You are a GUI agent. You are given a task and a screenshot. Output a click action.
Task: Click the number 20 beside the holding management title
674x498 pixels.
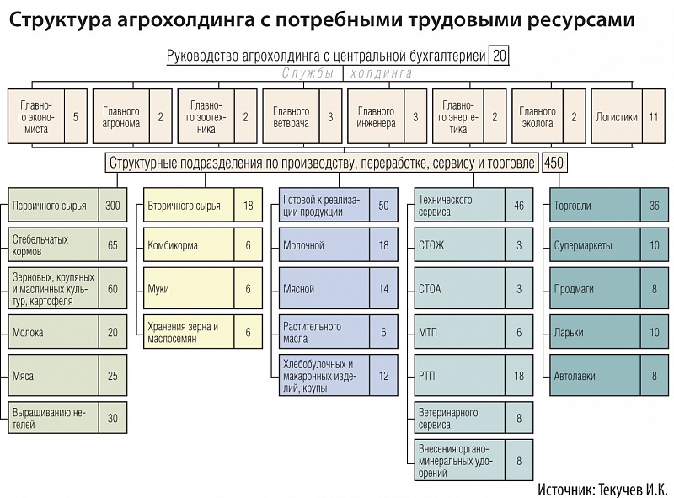click(499, 56)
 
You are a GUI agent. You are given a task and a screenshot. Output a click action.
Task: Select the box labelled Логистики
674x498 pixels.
click(617, 116)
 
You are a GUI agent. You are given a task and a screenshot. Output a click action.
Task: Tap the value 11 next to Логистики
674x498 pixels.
click(654, 116)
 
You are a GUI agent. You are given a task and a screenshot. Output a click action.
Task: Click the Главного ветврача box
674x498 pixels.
click(291, 116)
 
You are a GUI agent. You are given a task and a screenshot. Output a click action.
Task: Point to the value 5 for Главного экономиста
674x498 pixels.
click(76, 116)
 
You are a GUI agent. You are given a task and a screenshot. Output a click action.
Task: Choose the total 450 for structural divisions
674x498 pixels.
click(554, 163)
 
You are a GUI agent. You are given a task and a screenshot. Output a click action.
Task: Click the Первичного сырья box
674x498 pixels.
click(53, 205)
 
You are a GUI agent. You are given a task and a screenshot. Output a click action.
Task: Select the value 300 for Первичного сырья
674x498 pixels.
click(113, 205)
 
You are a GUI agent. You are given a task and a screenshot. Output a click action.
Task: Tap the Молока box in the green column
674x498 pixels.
click(53, 331)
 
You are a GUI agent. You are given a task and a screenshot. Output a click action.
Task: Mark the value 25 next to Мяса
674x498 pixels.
click(113, 376)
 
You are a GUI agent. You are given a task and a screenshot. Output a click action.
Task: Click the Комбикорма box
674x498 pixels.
click(189, 244)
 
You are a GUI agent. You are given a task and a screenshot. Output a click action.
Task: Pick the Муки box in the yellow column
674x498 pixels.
click(189, 288)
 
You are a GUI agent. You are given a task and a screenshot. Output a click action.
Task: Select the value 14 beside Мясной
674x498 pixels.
click(383, 288)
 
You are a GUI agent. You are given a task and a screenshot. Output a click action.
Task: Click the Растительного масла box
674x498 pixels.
click(324, 331)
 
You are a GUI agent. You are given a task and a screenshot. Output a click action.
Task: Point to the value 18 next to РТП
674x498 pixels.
click(519, 376)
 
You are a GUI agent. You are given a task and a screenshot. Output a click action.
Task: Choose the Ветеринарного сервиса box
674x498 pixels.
click(459, 418)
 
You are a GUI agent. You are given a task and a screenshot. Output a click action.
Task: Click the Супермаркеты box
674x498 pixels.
click(595, 244)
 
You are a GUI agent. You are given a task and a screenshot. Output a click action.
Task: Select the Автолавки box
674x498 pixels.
click(595, 375)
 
